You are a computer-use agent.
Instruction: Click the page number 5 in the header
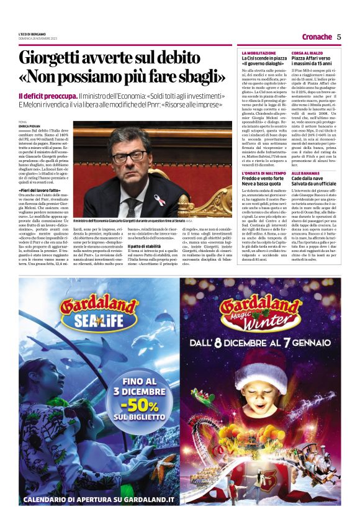[x=339, y=37]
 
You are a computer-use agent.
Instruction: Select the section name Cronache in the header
[x=317, y=37]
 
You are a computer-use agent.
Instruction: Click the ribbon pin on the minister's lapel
[x=160, y=199]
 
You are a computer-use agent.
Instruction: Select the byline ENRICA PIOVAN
[x=30, y=126]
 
